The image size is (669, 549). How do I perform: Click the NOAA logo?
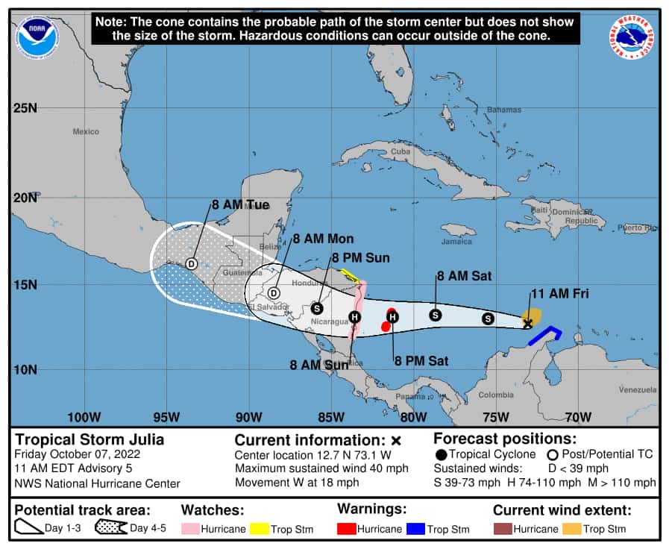pos(37,36)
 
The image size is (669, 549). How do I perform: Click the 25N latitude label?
pos(25,108)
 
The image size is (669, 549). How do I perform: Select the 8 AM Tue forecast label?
pos(240,204)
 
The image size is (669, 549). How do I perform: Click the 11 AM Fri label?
pos(559,294)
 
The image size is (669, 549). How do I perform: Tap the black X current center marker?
pos(528,323)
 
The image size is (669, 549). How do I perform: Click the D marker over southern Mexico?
pos(191,264)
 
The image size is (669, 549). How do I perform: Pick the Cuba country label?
pos(401,151)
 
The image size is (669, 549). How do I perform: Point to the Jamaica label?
pos(457,242)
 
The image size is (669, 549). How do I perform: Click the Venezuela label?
pos(638,390)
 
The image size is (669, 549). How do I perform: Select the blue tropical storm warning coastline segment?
pos(545,335)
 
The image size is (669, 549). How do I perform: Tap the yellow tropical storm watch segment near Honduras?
pos(348,276)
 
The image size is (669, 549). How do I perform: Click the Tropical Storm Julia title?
pos(89,439)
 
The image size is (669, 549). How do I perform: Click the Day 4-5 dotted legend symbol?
pos(110,529)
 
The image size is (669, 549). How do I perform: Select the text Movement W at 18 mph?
pos(297,482)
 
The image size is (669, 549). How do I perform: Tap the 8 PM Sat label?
pos(421,361)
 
